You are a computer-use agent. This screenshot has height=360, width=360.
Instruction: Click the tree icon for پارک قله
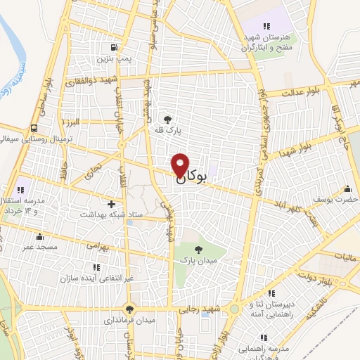[x=167, y=119]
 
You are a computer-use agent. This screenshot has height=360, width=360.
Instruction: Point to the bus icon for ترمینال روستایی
[x=34, y=128]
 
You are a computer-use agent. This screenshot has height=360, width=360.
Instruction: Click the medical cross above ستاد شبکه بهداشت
[x=111, y=202]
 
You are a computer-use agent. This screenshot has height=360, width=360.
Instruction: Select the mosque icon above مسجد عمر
[x=39, y=236]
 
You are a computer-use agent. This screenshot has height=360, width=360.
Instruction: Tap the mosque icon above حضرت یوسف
[x=347, y=188]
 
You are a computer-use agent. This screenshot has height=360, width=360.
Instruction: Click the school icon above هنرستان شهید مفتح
[x=266, y=26]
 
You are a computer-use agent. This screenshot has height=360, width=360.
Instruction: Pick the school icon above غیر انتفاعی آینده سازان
[x=96, y=268]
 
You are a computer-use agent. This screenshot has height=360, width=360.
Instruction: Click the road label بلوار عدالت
[x=302, y=92]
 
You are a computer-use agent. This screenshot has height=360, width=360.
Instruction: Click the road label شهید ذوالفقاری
[x=92, y=79]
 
